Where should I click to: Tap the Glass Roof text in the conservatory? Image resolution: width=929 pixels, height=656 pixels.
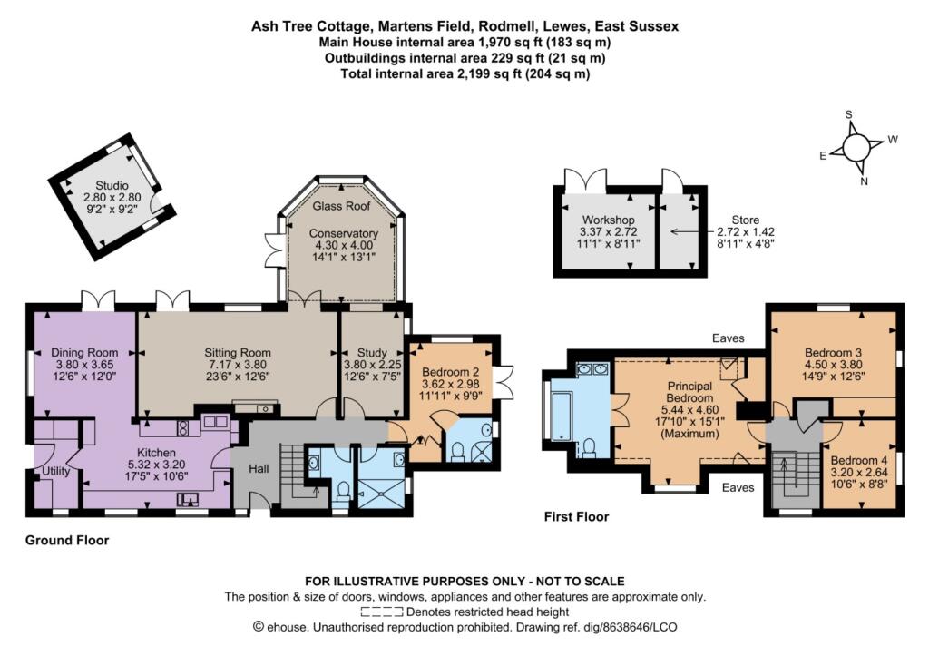click(340, 207)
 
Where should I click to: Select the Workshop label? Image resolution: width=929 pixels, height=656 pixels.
click(609, 220)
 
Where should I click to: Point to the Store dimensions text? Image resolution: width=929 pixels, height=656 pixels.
click(744, 238)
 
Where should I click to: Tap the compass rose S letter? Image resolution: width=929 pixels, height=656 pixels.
click(849, 115)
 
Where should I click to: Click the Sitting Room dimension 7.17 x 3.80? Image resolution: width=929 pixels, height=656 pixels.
click(237, 367)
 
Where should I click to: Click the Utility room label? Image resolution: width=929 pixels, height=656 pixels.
click(55, 472)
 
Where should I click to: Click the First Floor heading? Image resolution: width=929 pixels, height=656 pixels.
click(577, 517)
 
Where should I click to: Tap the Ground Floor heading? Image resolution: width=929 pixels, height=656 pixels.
click(67, 540)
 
